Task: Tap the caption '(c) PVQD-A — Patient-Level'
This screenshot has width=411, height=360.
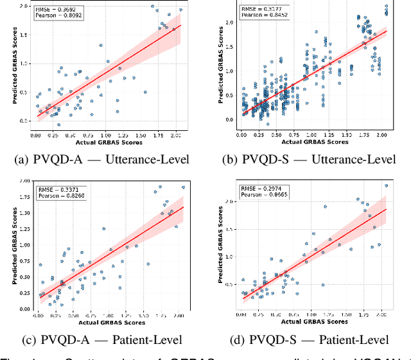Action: pyautogui.click(x=104, y=339)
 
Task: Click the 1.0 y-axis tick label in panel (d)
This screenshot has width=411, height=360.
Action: pyautogui.click(x=231, y=257)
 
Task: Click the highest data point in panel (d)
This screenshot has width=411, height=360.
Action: pyautogui.click(x=386, y=186)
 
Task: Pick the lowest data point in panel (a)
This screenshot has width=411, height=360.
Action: pyautogui.click(x=58, y=124)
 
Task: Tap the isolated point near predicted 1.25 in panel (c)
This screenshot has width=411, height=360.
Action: pyautogui.click(x=103, y=228)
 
